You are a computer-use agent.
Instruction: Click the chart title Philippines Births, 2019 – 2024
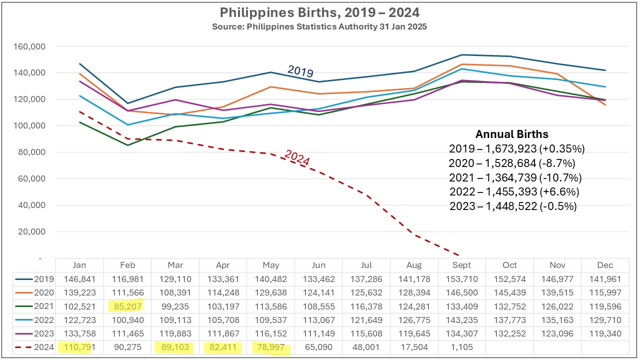coord(319,12)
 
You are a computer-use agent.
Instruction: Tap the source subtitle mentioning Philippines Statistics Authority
coord(319,26)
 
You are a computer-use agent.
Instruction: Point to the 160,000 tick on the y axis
coord(28,46)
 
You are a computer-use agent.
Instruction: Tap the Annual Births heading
coord(511,134)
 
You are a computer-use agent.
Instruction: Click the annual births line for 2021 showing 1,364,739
coord(515,177)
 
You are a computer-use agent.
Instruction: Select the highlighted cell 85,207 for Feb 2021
coord(127,305)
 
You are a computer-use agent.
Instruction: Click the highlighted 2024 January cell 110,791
coord(79,346)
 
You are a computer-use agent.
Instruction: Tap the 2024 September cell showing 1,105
coord(462,346)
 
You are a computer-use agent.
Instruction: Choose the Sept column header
coord(462,265)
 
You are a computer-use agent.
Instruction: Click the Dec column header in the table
coord(605,265)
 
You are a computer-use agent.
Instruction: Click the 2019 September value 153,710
coord(462,278)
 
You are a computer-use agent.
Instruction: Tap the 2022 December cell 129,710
coord(605,319)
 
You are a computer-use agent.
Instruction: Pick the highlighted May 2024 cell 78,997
coord(270,346)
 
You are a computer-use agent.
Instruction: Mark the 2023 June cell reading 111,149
coord(318,333)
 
